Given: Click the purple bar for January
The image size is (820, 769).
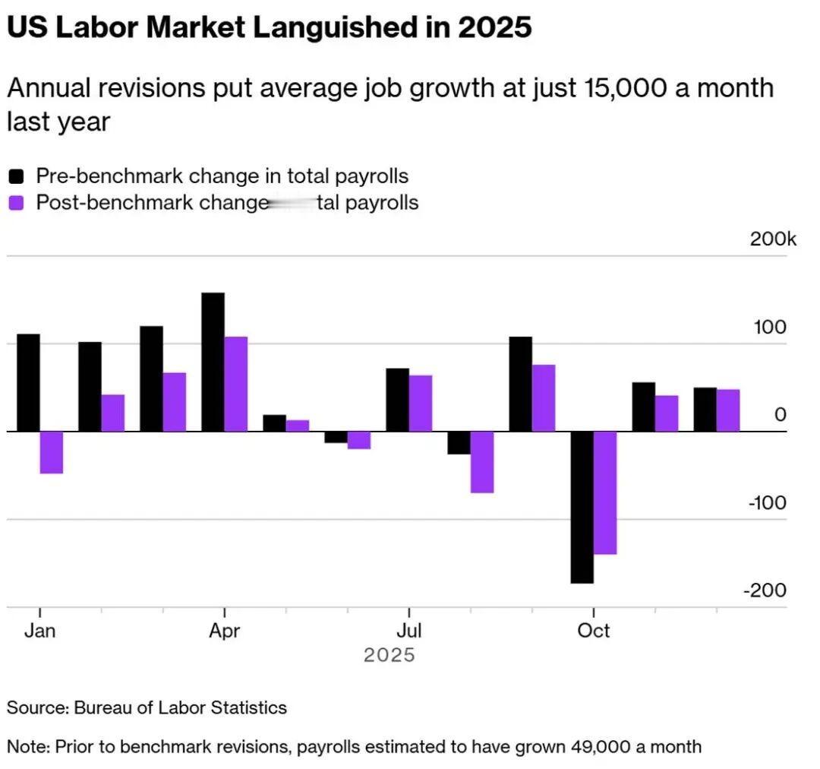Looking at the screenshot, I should [52, 452].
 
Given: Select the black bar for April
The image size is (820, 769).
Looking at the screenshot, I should [213, 362].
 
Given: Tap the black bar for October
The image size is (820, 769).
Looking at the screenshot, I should [582, 507].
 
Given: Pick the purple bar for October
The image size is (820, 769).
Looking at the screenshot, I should [605, 492].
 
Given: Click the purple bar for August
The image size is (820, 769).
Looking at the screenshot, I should [482, 462].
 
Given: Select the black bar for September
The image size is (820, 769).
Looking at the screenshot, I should [520, 384].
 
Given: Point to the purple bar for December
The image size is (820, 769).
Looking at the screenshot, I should [728, 410].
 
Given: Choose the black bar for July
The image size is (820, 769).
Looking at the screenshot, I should [397, 400].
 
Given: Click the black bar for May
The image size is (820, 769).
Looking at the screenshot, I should [274, 423].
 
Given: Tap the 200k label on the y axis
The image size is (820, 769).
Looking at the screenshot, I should [773, 239].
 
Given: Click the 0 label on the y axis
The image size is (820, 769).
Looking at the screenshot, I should [781, 415].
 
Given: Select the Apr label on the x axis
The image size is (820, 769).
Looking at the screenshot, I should [224, 631].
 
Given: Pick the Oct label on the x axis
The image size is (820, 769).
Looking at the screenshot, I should [594, 631].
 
